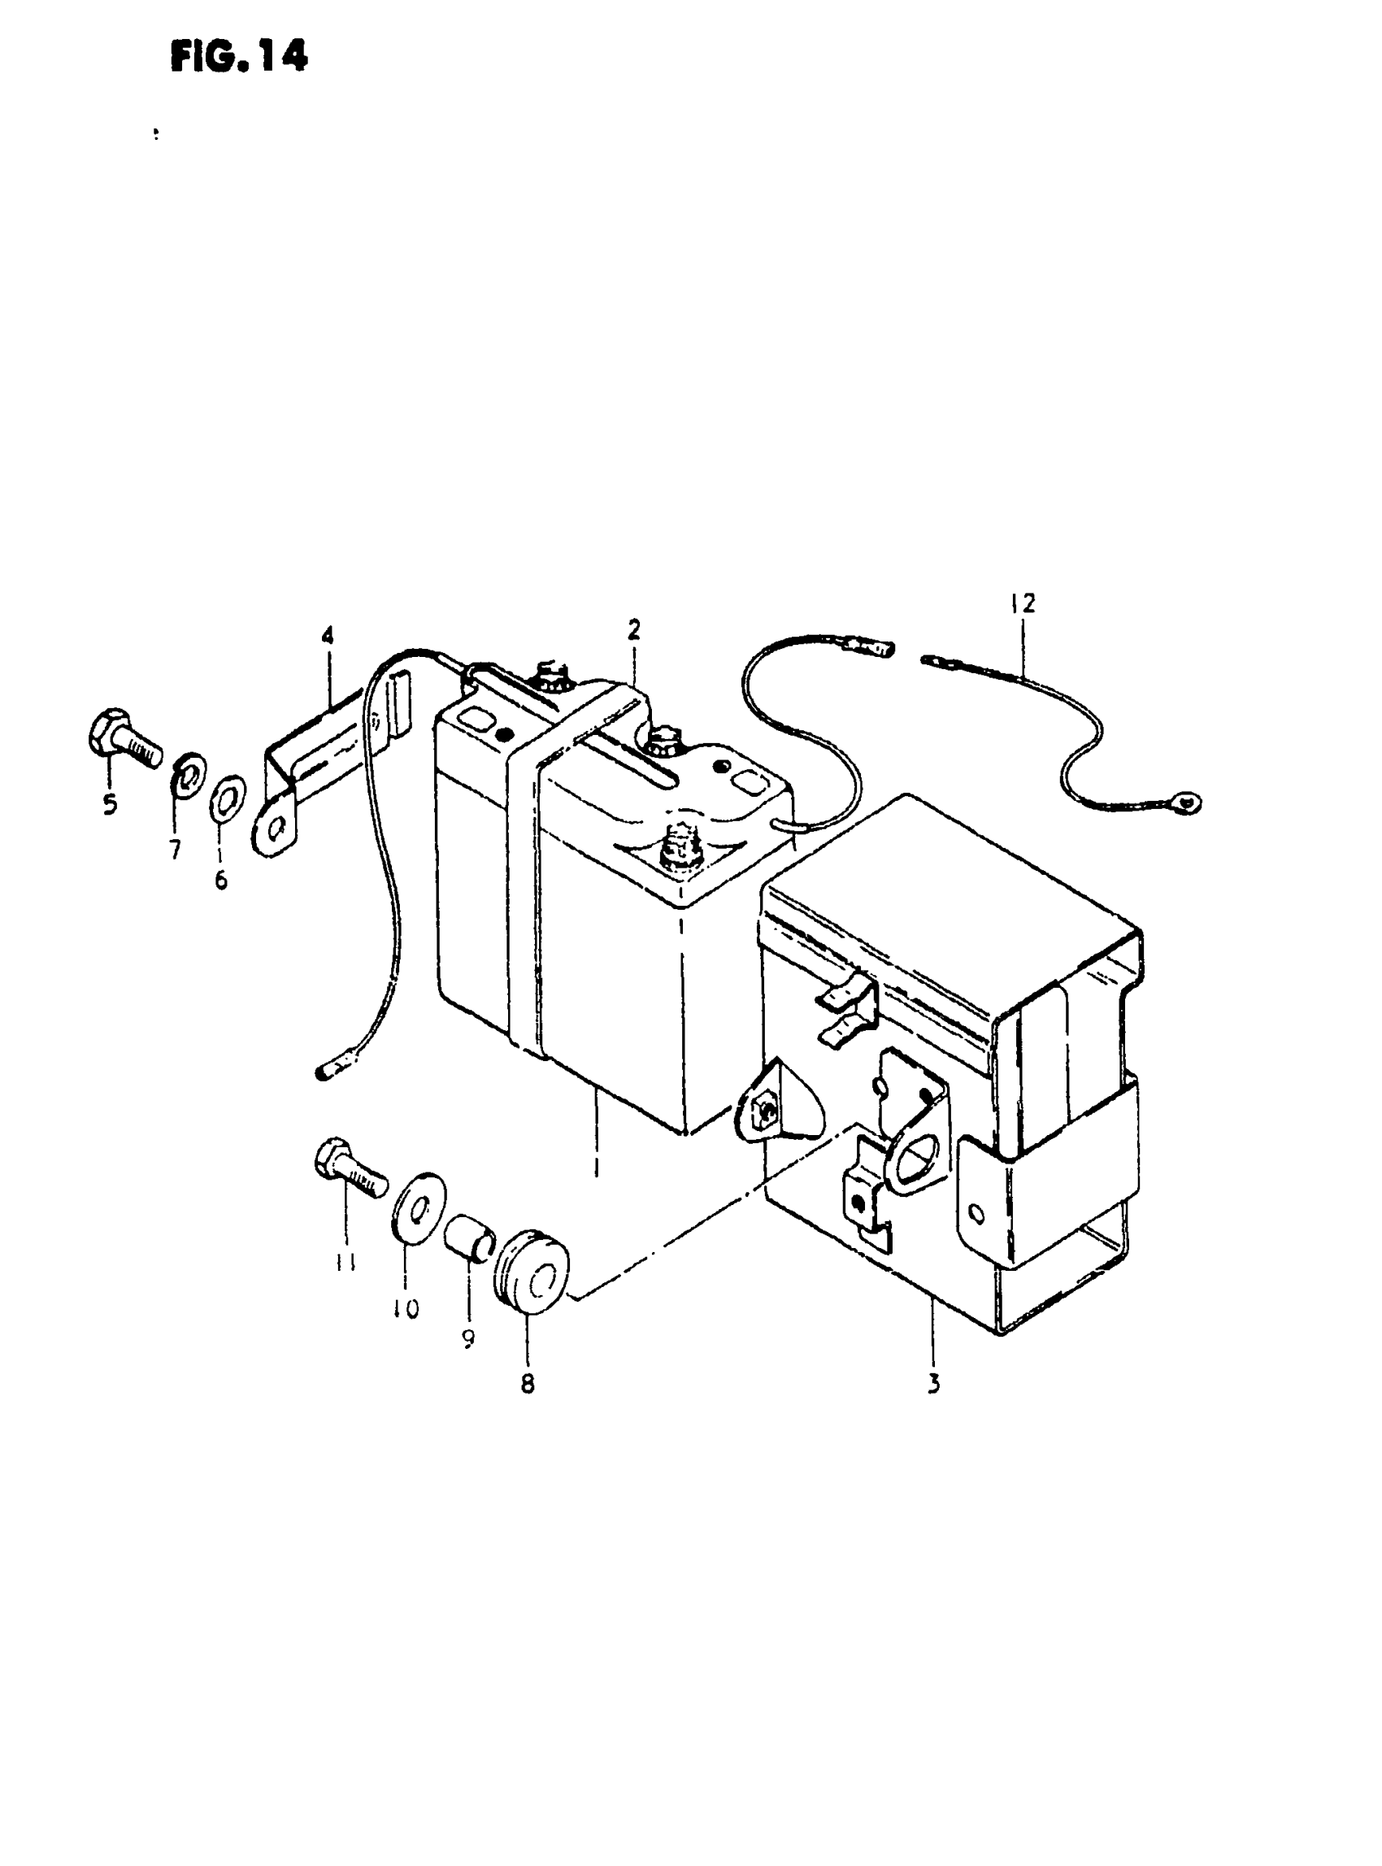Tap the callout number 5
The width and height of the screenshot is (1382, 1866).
111,805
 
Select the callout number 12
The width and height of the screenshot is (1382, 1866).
1023,603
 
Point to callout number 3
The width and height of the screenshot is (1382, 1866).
933,1383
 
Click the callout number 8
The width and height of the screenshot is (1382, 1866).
527,1384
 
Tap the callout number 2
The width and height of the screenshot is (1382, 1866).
633,629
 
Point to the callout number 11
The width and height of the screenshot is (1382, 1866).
345,1263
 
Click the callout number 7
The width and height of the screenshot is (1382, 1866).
175,850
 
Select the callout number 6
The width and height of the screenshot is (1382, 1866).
220,880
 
